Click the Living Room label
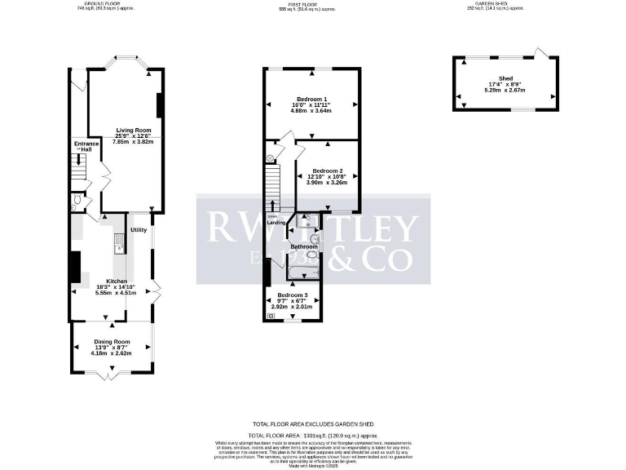[134, 130]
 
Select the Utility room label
[138, 230]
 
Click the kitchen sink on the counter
[119, 240]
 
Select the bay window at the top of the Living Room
[126, 60]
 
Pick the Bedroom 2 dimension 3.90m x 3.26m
[325, 183]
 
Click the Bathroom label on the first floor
[303, 246]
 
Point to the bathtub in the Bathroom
[303, 272]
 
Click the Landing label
[276, 222]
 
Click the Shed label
[506, 78]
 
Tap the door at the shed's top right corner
[539, 54]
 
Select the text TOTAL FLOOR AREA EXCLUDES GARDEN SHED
[311, 423]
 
